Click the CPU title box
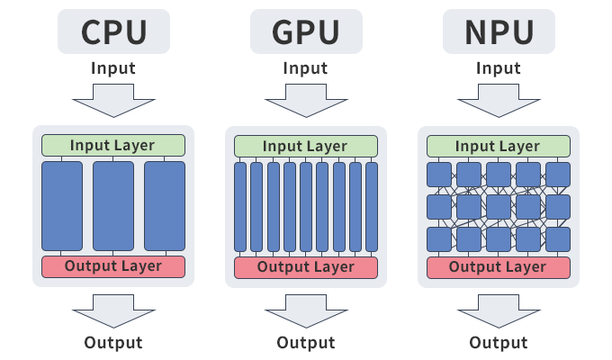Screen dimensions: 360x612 pyautogui.click(x=113, y=32)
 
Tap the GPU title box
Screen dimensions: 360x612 pyautogui.click(x=305, y=32)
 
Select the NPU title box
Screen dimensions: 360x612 pyautogui.click(x=498, y=32)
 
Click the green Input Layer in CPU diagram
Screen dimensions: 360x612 pyautogui.click(x=113, y=146)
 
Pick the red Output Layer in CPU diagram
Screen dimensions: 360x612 pyautogui.click(x=113, y=266)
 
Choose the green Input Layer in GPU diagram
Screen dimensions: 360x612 pyautogui.click(x=305, y=146)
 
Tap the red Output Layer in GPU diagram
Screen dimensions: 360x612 pyautogui.click(x=305, y=266)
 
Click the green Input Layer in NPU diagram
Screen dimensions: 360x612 pyautogui.click(x=498, y=146)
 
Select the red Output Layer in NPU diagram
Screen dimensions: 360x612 pyautogui.click(x=498, y=266)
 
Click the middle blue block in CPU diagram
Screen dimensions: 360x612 pyautogui.click(x=113, y=206)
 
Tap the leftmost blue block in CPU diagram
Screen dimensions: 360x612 pyautogui.click(x=62, y=206)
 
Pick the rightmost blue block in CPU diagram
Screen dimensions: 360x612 pyautogui.click(x=165, y=206)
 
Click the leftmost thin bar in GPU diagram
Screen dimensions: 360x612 pyautogui.click(x=240, y=206)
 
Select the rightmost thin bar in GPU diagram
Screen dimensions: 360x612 pyautogui.click(x=372, y=206)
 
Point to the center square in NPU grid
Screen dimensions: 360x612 pyautogui.click(x=498, y=206)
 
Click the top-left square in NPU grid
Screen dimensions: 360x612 pyautogui.click(x=439, y=174)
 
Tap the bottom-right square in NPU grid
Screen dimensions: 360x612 pyautogui.click(x=557, y=238)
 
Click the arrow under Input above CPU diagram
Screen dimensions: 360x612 pyautogui.click(x=113, y=99)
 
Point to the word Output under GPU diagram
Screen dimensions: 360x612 pyautogui.click(x=305, y=343)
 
